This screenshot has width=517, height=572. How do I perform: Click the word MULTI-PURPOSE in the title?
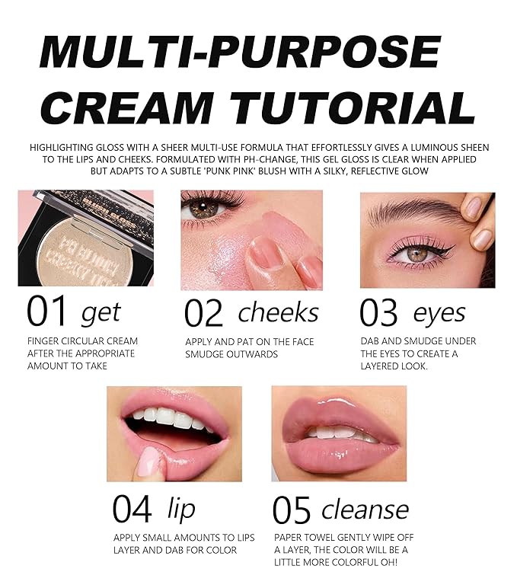pos(241,51)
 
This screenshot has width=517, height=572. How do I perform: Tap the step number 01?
pos(46,312)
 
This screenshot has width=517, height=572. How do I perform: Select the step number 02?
pos(203,312)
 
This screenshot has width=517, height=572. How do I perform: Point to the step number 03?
pos(378,312)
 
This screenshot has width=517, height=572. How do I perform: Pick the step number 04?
pos(132,509)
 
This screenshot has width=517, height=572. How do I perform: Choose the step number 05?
pos(292,510)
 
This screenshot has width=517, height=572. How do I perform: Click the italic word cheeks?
pos(278,312)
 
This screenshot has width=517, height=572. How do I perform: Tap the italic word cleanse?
pos(365,510)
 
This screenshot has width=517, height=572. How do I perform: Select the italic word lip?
pos(181,508)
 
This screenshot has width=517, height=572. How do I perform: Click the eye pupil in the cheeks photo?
pos(203,207)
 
